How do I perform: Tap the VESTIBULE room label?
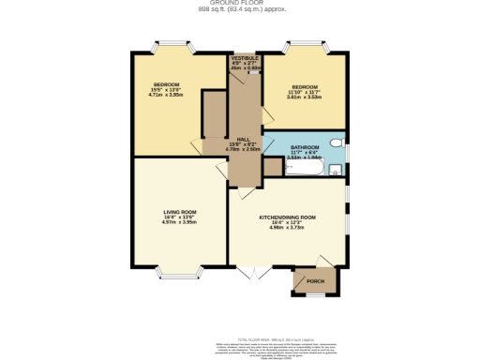[x=245, y=58]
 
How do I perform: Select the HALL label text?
[x=241, y=139]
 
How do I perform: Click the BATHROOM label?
[x=306, y=147]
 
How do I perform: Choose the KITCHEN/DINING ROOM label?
[x=288, y=217]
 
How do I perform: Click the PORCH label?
[x=315, y=280]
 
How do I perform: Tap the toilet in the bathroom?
[x=343, y=147]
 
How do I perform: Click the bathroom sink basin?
[x=336, y=170]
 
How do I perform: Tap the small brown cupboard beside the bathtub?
[x=273, y=167]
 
